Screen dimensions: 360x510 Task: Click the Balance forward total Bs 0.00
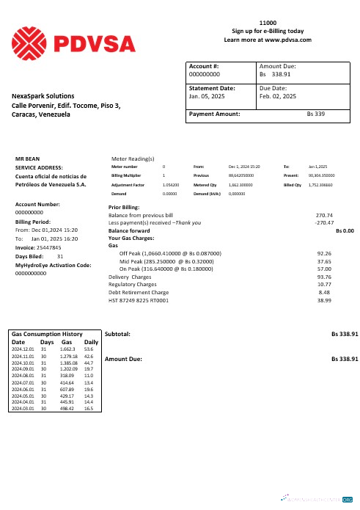(x=345, y=230)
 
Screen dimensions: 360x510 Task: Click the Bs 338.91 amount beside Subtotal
(x=344, y=334)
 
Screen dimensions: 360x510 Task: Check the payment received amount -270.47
(x=323, y=222)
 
